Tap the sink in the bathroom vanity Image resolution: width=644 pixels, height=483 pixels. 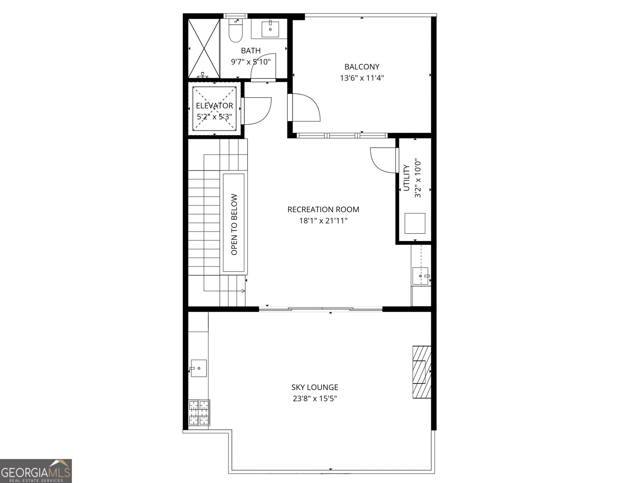coord(270,29)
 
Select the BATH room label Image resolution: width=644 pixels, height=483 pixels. coord(251,51)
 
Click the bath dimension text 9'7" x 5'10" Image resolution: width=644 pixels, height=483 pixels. coord(251,62)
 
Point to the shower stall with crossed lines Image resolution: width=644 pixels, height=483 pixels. coord(204,48)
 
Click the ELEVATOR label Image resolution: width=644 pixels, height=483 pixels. coord(214,106)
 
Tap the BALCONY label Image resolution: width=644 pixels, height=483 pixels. coord(362,67)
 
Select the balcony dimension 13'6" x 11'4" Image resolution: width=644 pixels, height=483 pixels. coord(362,78)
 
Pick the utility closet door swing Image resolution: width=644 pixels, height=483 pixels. coord(383,160)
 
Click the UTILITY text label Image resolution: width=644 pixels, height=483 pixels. coord(407,178)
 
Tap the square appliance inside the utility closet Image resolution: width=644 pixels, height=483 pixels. coord(415,223)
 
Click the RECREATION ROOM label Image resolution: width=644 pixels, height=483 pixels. coord(323,209)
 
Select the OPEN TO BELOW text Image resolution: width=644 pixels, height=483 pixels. coord(234,224)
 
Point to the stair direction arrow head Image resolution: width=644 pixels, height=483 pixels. coord(243,291)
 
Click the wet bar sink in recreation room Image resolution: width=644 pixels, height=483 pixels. coord(421,276)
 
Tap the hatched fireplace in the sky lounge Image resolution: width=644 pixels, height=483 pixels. coord(421,372)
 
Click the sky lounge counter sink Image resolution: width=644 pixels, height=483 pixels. coord(198,368)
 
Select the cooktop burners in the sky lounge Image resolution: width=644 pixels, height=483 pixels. coord(199,412)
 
